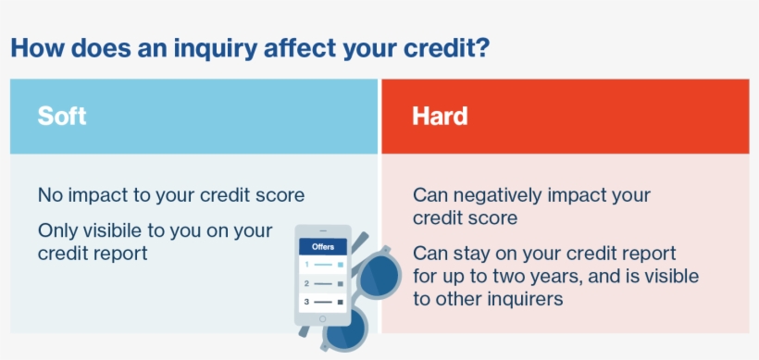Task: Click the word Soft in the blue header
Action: tap(62, 117)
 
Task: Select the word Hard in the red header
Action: tap(440, 117)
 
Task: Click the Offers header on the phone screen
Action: tap(323, 247)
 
